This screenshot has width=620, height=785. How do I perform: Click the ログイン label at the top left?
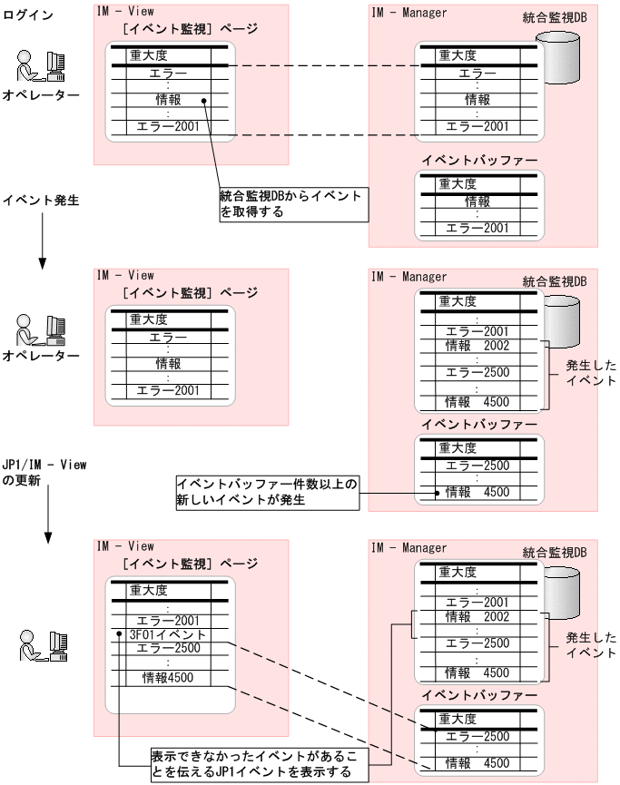(x=28, y=16)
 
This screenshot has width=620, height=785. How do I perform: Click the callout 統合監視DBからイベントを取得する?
(x=291, y=204)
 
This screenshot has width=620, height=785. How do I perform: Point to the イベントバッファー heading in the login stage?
(x=479, y=161)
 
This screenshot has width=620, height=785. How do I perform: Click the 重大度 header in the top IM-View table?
(x=148, y=54)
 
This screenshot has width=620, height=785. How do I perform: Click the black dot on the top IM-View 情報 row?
(x=204, y=101)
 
